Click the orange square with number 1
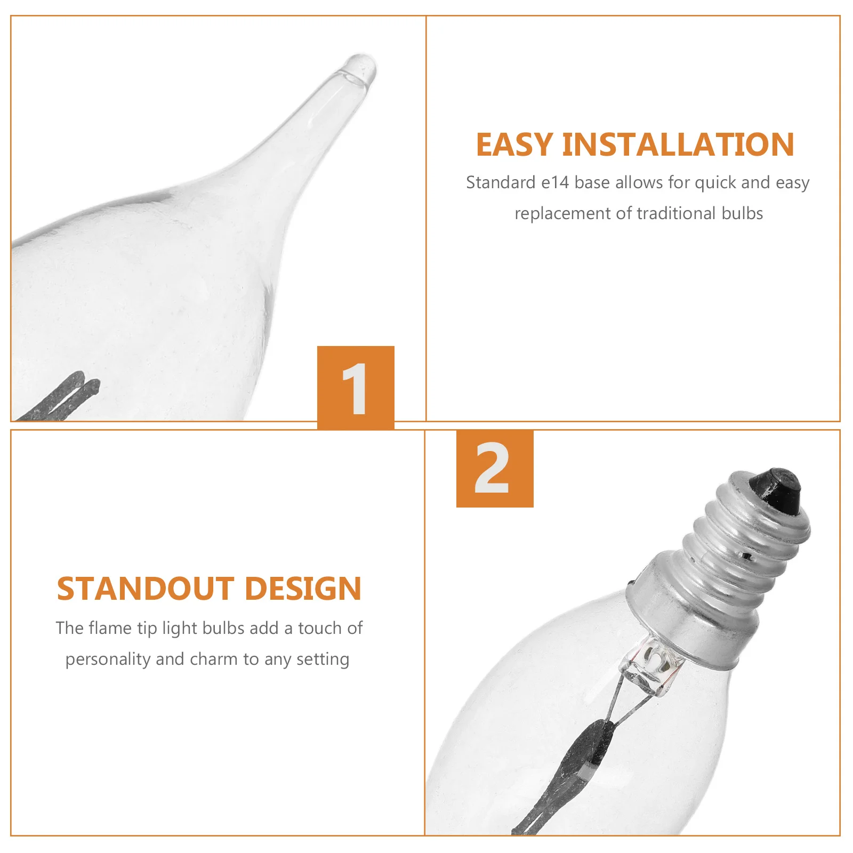click(356, 388)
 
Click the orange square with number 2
click(495, 469)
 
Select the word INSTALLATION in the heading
click(678, 144)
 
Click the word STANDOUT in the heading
click(146, 589)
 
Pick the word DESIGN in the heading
click(303, 589)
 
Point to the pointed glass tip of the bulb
click(360, 67)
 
